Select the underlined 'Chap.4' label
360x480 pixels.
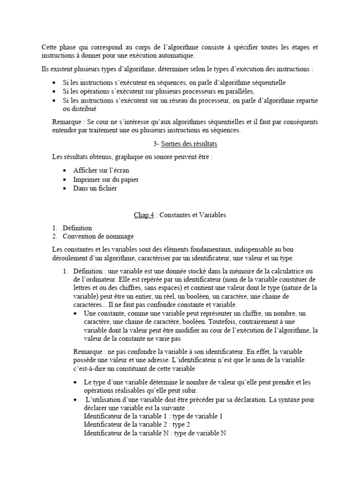click(144, 215)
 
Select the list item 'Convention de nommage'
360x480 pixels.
click(98, 236)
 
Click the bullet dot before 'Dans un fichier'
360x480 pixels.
click(64, 189)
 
